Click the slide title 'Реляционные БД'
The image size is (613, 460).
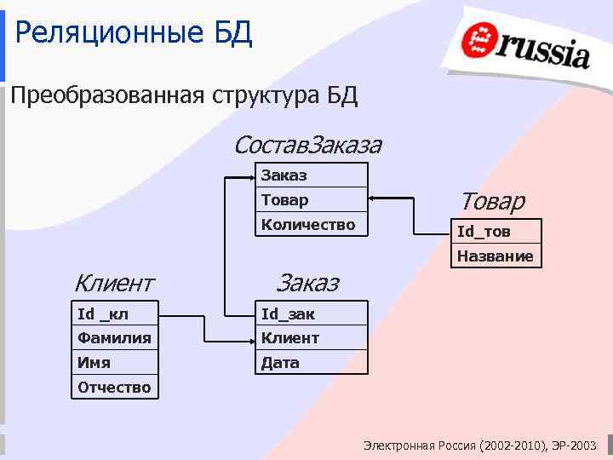click(x=134, y=34)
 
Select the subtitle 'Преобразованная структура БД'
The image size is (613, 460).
click(x=184, y=95)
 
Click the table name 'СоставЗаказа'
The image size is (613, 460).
click(x=306, y=145)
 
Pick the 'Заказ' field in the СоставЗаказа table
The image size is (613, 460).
click(x=312, y=175)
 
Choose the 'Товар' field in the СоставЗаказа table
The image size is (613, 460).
click(x=312, y=200)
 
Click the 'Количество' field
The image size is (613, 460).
click(x=312, y=225)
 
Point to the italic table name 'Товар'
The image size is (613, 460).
click(x=492, y=201)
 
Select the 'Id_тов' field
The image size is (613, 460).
click(x=496, y=232)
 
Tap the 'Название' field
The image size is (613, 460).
click(x=496, y=256)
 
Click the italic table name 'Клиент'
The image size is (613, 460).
click(x=113, y=282)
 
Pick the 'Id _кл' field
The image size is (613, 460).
click(x=114, y=313)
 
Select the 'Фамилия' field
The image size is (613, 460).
click(x=114, y=338)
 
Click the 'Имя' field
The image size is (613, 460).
click(x=114, y=363)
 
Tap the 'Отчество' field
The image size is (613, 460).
click(x=114, y=388)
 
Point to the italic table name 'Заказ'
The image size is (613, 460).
click(x=307, y=282)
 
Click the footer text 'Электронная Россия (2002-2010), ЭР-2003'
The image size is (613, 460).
click(x=480, y=446)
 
